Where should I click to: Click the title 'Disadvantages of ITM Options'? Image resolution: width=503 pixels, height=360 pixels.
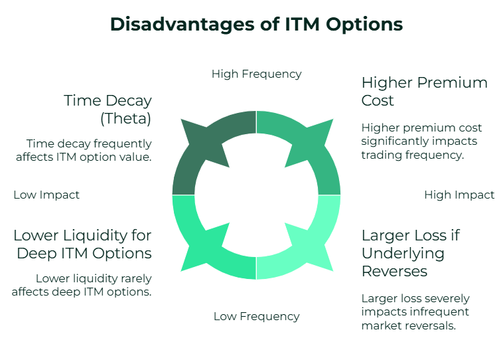click(x=256, y=24)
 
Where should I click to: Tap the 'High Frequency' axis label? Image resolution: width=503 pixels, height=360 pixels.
click(x=256, y=74)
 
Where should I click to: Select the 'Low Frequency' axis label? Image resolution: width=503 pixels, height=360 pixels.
click(x=256, y=316)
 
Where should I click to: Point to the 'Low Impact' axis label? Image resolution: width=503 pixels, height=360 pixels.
click(x=46, y=195)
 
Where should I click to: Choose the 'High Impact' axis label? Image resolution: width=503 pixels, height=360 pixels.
click(x=459, y=195)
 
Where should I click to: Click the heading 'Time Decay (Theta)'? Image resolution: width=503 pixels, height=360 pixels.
click(x=108, y=110)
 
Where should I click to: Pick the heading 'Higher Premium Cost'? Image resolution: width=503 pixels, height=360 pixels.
click(x=424, y=92)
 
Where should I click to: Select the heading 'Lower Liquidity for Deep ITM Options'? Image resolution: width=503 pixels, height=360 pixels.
click(x=82, y=244)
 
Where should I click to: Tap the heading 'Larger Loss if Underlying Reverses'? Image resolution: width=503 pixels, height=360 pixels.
click(x=410, y=253)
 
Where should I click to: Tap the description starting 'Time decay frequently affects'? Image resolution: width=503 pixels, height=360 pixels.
click(x=89, y=149)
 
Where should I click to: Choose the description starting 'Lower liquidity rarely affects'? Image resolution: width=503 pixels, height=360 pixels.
click(x=93, y=284)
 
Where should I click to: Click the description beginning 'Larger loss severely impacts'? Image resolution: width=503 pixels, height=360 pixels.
click(x=415, y=312)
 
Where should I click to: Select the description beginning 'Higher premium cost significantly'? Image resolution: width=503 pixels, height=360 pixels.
click(x=421, y=141)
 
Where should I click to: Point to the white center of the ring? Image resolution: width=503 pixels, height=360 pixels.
click(x=256, y=195)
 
